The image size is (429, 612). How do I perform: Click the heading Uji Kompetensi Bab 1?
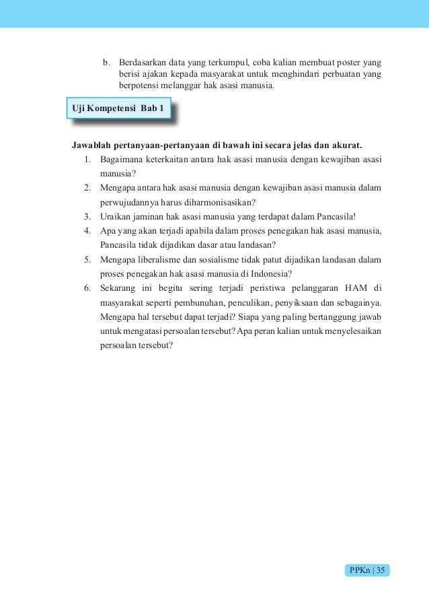point(118,109)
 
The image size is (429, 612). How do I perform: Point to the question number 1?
point(88,160)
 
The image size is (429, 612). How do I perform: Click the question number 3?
point(88,216)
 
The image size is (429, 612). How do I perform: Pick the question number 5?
point(88,259)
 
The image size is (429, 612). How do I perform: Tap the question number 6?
point(88,287)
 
